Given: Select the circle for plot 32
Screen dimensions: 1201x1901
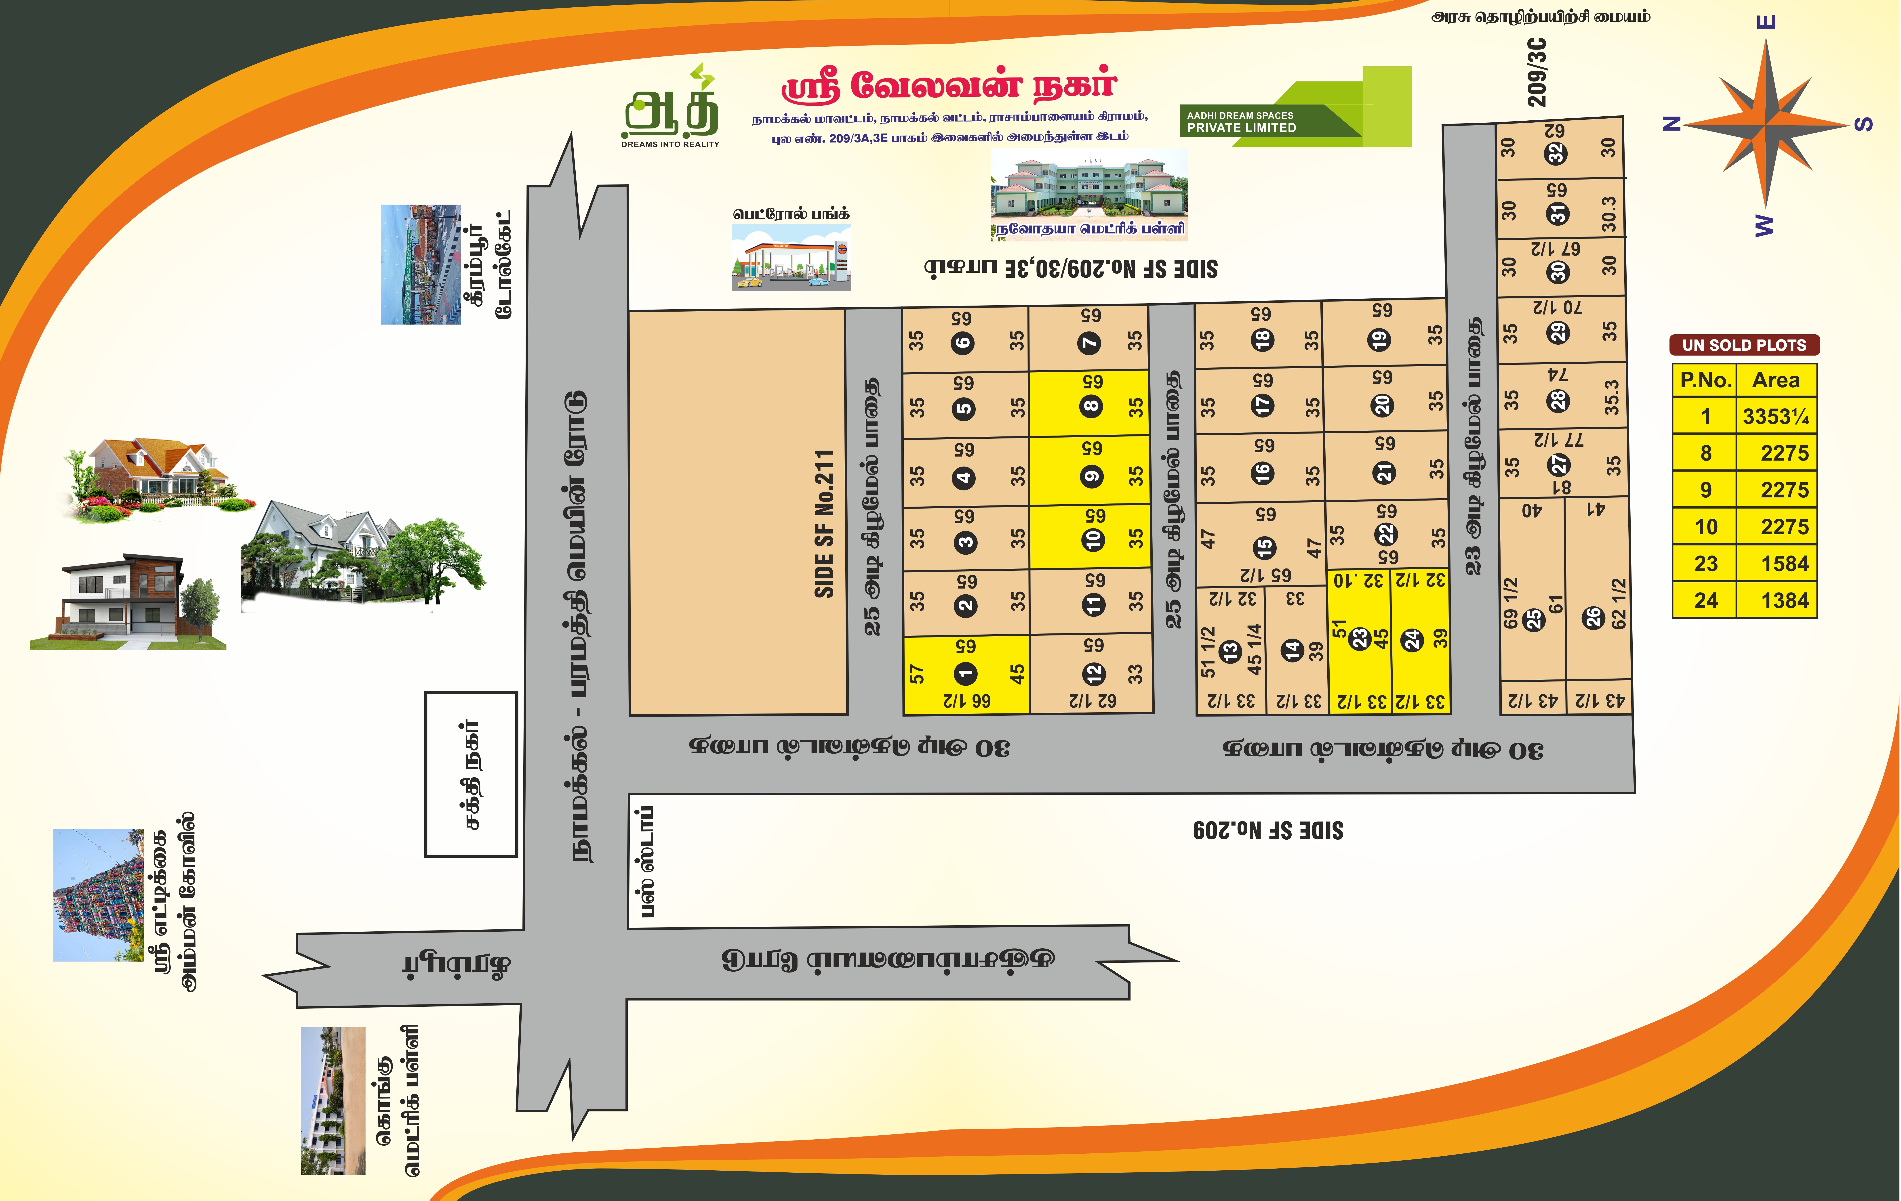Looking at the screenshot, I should [1556, 153].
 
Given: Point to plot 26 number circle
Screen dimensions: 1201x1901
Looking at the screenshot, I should [1593, 617].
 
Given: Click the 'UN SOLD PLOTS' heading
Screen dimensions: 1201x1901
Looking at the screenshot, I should [1744, 345].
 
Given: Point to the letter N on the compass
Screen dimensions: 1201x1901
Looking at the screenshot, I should [1671, 123].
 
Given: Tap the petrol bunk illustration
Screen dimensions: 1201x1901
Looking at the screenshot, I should [791, 257].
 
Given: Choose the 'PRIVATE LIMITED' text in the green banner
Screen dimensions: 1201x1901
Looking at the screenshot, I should [1241, 128].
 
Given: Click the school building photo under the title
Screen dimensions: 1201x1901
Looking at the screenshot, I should [1089, 186].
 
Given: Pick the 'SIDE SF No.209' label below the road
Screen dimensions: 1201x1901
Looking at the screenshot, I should [1268, 830].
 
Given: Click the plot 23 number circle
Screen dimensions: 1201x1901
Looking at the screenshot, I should [1359, 638].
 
